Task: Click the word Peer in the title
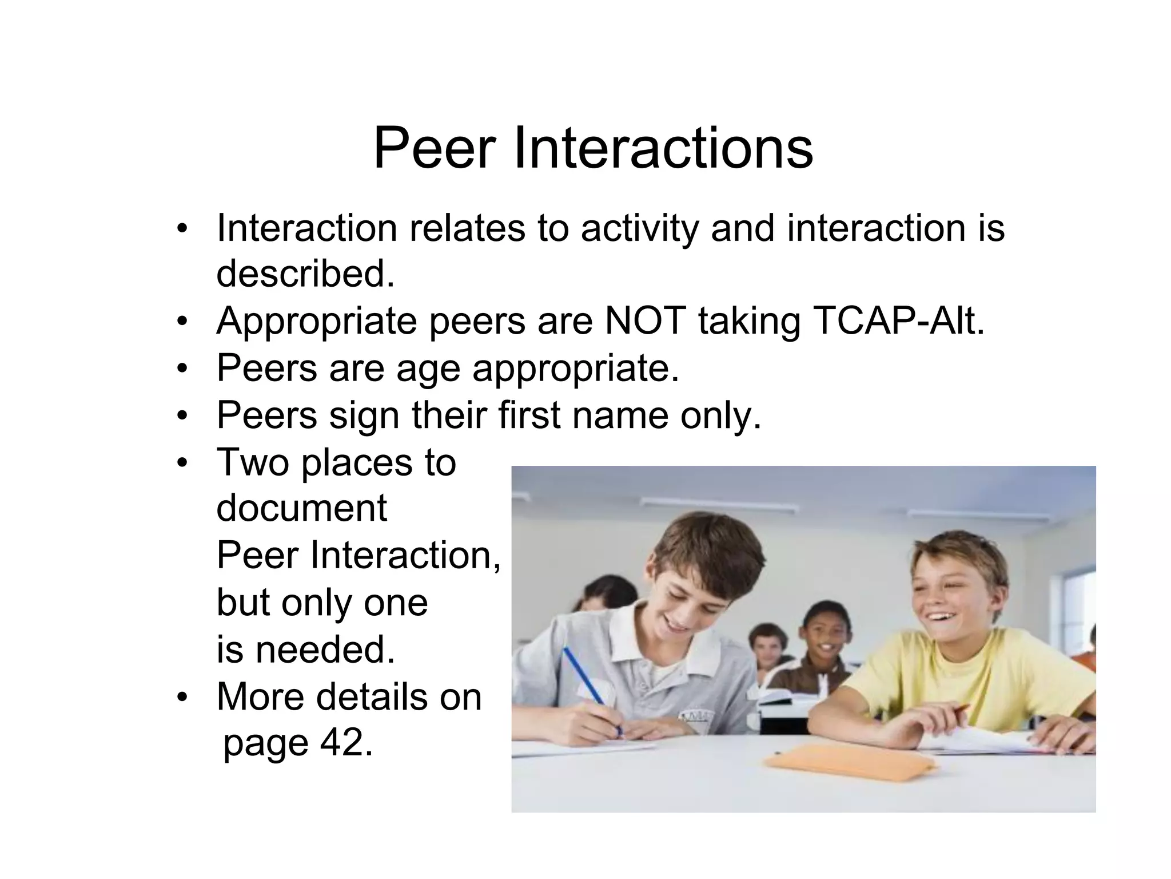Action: point(434,149)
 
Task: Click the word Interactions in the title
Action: point(663,149)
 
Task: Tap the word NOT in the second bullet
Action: point(645,320)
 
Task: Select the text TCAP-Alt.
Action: point(898,320)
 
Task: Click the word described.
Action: point(305,274)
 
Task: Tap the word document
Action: point(301,508)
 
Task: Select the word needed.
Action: point(325,650)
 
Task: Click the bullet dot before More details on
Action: point(182,697)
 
